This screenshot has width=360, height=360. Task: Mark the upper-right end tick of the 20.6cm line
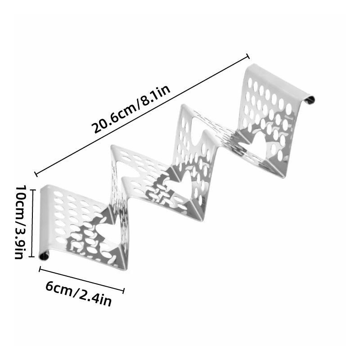248,56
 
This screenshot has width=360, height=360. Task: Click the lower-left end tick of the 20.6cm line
36,174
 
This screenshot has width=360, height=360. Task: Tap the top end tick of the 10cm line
32,190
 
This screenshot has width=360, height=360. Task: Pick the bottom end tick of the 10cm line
32,256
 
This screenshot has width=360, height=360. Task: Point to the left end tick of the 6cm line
40,269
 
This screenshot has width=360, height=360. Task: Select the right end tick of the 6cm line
124,291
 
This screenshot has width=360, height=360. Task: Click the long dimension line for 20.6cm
142,115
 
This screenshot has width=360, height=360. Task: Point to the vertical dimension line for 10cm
32,223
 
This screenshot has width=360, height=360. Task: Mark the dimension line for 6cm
82,279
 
